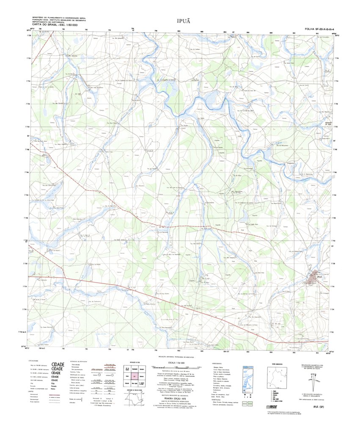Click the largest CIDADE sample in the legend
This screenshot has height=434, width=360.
[x=58, y=364]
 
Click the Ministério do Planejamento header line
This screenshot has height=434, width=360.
[x=59, y=17]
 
